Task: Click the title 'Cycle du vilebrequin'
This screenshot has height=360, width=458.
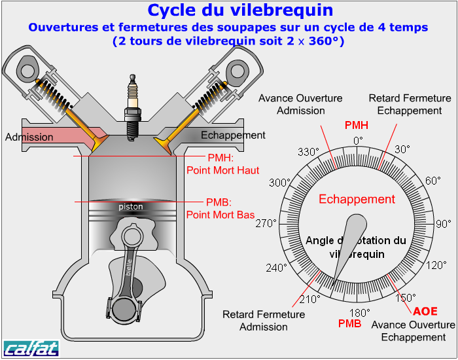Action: coord(240,10)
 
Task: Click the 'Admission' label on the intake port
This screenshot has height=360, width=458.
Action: coord(29,137)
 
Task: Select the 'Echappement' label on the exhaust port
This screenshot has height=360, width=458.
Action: coord(233,135)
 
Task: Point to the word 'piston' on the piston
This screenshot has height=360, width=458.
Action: coord(131,207)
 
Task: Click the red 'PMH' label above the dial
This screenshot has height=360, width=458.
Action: coord(356,125)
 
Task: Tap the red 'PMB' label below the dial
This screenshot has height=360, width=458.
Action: coord(349,323)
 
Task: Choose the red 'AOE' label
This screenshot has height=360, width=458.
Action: coord(425,310)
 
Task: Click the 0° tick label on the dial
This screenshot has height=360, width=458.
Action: coord(358,140)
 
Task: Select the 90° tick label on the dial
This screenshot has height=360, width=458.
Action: coord(443,224)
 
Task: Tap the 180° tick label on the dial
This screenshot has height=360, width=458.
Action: coord(359,312)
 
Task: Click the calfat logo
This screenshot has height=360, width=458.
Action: coord(31,348)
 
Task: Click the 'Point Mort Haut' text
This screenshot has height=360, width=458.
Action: coord(222,170)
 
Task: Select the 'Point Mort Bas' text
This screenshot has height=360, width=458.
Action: coord(220,214)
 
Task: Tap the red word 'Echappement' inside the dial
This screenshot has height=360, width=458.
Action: coord(357,200)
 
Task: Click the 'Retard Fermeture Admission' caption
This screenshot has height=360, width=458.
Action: coord(264,321)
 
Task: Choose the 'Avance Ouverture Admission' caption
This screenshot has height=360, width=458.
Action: coord(300,104)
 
